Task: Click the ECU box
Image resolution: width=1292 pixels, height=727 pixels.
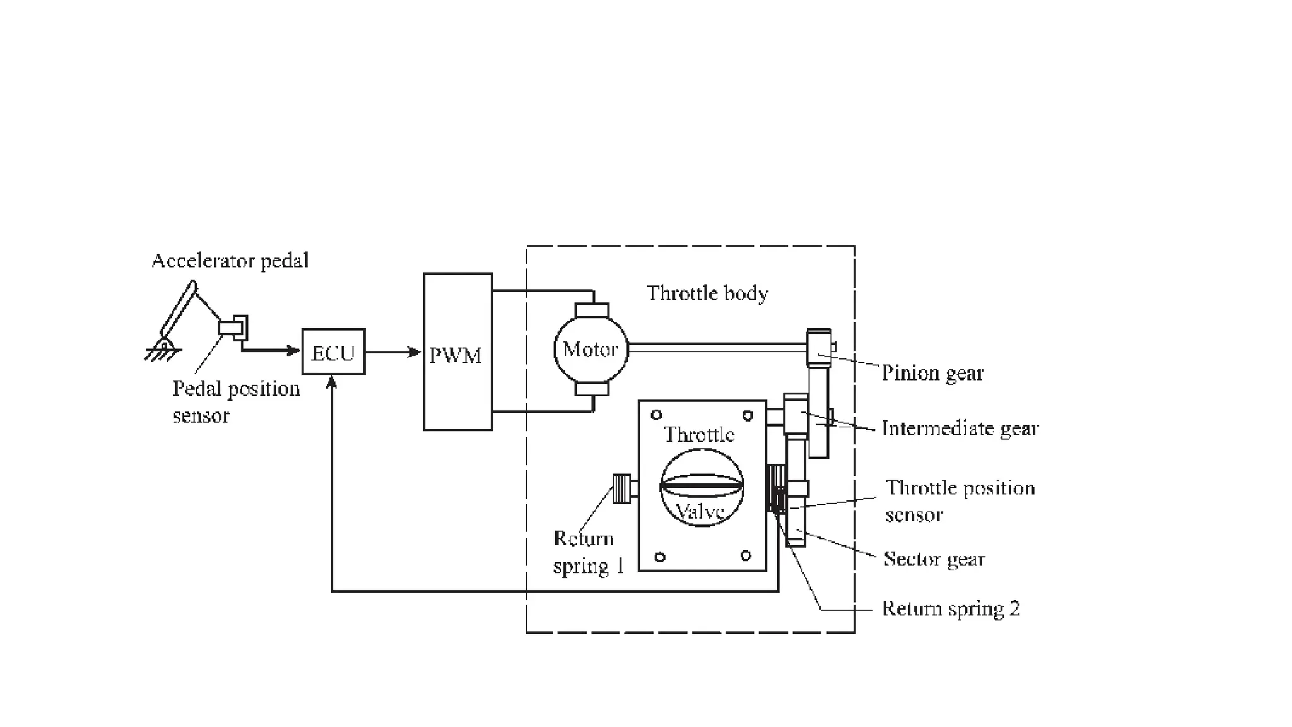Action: pyautogui.click(x=333, y=352)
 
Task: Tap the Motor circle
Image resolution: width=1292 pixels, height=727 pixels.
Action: pyautogui.click(x=590, y=350)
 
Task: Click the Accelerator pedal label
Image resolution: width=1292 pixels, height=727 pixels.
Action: pyautogui.click(x=230, y=261)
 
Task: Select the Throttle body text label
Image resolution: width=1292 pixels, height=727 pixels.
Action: pyautogui.click(x=707, y=293)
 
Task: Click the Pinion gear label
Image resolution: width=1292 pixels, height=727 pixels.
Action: pyautogui.click(x=932, y=373)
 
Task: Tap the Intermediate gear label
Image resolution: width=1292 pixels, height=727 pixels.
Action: pyautogui.click(x=960, y=429)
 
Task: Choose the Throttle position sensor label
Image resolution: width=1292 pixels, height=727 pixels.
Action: pyautogui.click(x=960, y=500)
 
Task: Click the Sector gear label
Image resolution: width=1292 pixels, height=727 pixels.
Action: pyautogui.click(x=934, y=559)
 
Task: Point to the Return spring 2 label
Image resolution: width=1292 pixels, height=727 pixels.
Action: pyautogui.click(x=951, y=608)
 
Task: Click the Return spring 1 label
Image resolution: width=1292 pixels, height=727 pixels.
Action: pyautogui.click(x=587, y=552)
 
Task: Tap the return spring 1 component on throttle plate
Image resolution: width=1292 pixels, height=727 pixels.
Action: pyautogui.click(x=623, y=488)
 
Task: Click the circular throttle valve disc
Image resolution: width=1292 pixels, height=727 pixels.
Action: pyautogui.click(x=702, y=487)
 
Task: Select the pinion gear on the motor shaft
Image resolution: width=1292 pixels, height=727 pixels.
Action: pyautogui.click(x=819, y=347)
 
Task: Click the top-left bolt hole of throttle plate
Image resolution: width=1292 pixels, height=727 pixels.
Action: pyautogui.click(x=656, y=415)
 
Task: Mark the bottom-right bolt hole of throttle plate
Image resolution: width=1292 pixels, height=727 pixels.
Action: pyautogui.click(x=746, y=556)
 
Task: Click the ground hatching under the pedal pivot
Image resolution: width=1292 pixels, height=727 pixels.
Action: pyautogui.click(x=161, y=355)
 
